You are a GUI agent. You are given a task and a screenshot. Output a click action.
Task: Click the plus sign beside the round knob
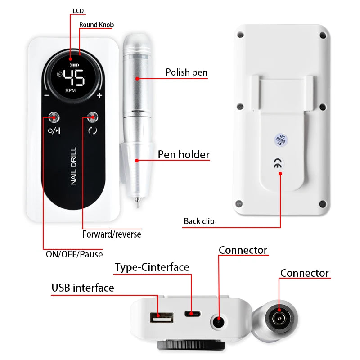pos(99,95)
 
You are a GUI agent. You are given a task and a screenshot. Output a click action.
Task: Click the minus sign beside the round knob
pos(47,95)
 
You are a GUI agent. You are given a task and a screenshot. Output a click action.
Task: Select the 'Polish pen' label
pos(186,72)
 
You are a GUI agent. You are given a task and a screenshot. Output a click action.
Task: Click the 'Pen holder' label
pos(184,155)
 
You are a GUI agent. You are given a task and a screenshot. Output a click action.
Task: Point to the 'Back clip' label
pos(199,221)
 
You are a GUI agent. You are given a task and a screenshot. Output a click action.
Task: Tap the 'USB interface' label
pos(83,288)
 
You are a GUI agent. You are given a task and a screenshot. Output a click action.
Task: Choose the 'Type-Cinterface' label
pos(152,267)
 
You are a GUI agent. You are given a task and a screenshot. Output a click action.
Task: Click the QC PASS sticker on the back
pos(280,139)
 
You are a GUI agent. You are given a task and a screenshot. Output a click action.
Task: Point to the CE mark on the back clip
pos(280,164)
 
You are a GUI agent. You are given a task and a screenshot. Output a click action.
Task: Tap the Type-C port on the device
pos(192,314)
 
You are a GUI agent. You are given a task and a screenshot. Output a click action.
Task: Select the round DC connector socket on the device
pos(219,321)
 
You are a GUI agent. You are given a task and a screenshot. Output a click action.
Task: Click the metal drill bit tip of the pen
pos(136,201)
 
